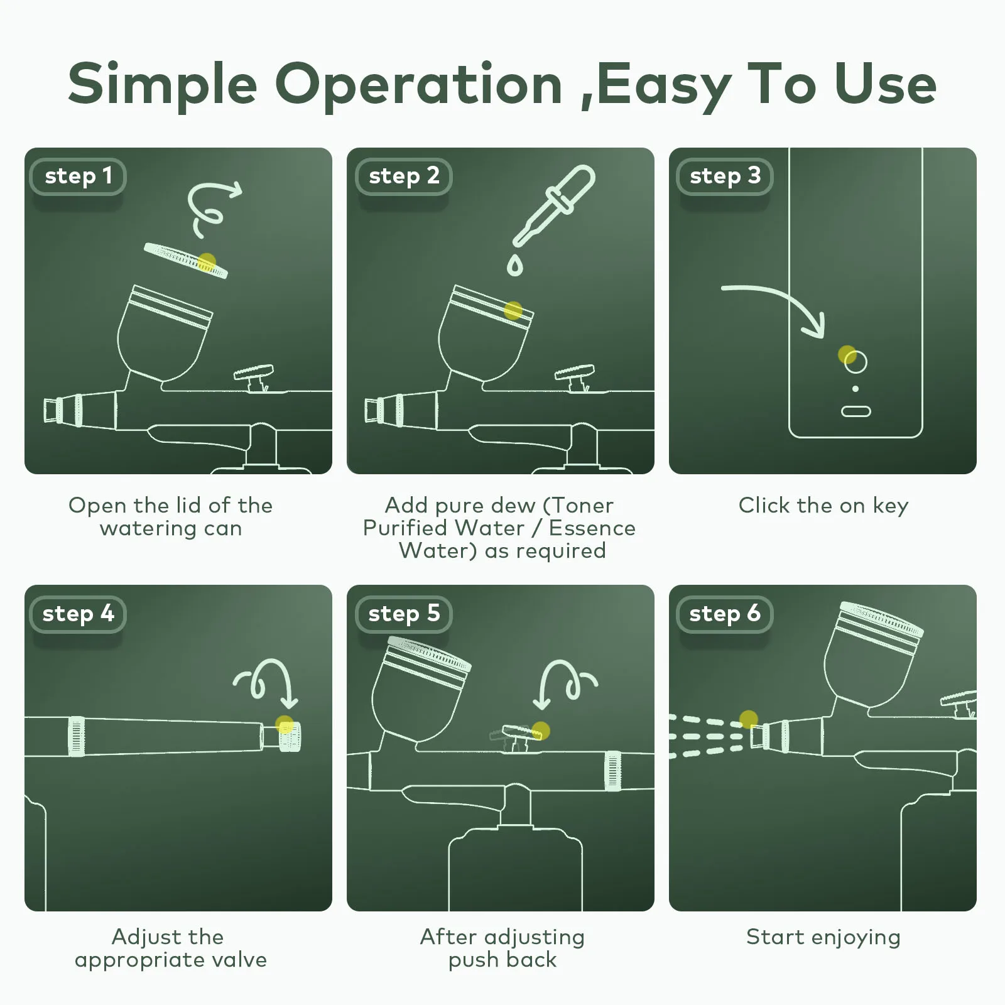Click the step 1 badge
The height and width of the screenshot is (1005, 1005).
point(78,177)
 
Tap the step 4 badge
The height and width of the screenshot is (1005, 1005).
point(78,614)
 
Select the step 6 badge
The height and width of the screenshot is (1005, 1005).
point(724,614)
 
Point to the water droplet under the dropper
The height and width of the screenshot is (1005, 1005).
point(515,266)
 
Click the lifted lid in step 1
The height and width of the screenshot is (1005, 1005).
point(186,260)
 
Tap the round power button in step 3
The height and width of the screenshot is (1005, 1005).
point(856,362)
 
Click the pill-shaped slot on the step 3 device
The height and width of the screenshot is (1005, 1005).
point(856,411)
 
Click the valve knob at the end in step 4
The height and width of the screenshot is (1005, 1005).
point(290,737)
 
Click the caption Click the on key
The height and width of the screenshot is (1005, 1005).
point(823,506)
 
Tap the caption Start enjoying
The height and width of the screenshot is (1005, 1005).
point(823,938)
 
